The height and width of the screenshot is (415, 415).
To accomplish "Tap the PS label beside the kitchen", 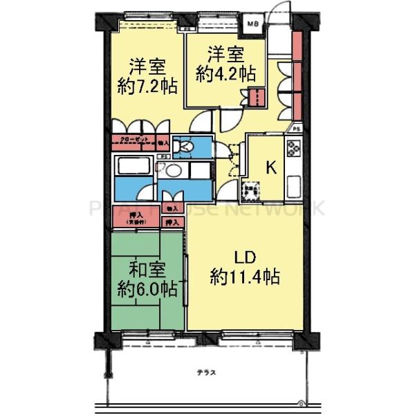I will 296,129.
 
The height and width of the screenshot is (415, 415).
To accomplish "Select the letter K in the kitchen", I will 272,167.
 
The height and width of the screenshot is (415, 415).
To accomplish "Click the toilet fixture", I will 183,147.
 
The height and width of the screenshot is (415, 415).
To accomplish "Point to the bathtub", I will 134,168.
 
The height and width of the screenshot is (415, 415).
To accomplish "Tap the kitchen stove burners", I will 292,148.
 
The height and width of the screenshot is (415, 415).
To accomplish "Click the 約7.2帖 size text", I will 147,87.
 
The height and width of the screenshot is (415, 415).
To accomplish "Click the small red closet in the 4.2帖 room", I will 257,98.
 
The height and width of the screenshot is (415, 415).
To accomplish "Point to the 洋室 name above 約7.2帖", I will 147,67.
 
